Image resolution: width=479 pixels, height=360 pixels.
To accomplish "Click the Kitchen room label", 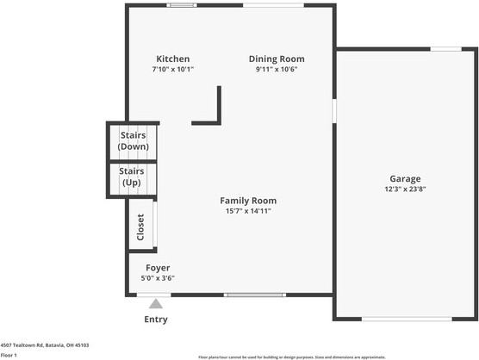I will point(172,59).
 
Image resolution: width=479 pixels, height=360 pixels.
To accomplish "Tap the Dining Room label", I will point(277,59).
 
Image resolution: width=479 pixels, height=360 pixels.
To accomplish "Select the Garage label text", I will point(405,179).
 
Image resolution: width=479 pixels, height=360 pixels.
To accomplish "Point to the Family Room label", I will point(248,200).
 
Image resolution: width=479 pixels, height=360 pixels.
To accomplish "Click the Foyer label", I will point(158,268).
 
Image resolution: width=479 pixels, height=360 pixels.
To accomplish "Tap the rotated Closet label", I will point(140,227).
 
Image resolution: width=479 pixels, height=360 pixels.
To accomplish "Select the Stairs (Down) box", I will point(133,141).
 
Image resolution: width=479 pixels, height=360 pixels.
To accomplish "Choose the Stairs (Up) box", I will point(133,177).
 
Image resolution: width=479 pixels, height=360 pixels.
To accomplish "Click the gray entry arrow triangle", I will point(156,303).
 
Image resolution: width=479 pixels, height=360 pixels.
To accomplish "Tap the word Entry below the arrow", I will point(156,320).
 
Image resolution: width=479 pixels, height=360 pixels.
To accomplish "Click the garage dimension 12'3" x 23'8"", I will point(405,189).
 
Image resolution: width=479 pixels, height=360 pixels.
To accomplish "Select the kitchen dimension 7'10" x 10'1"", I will point(172,69).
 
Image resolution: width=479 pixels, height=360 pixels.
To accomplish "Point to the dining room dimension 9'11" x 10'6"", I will point(277,69).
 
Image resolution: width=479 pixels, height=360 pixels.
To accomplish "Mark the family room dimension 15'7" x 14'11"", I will point(248,210).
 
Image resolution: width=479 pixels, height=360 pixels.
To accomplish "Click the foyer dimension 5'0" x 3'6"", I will point(158,278).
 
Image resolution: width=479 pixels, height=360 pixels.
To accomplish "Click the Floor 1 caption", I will point(9,355).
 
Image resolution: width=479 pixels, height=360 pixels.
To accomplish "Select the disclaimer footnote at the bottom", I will point(291,357).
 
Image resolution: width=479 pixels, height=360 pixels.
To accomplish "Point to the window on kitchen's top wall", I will point(181,5).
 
